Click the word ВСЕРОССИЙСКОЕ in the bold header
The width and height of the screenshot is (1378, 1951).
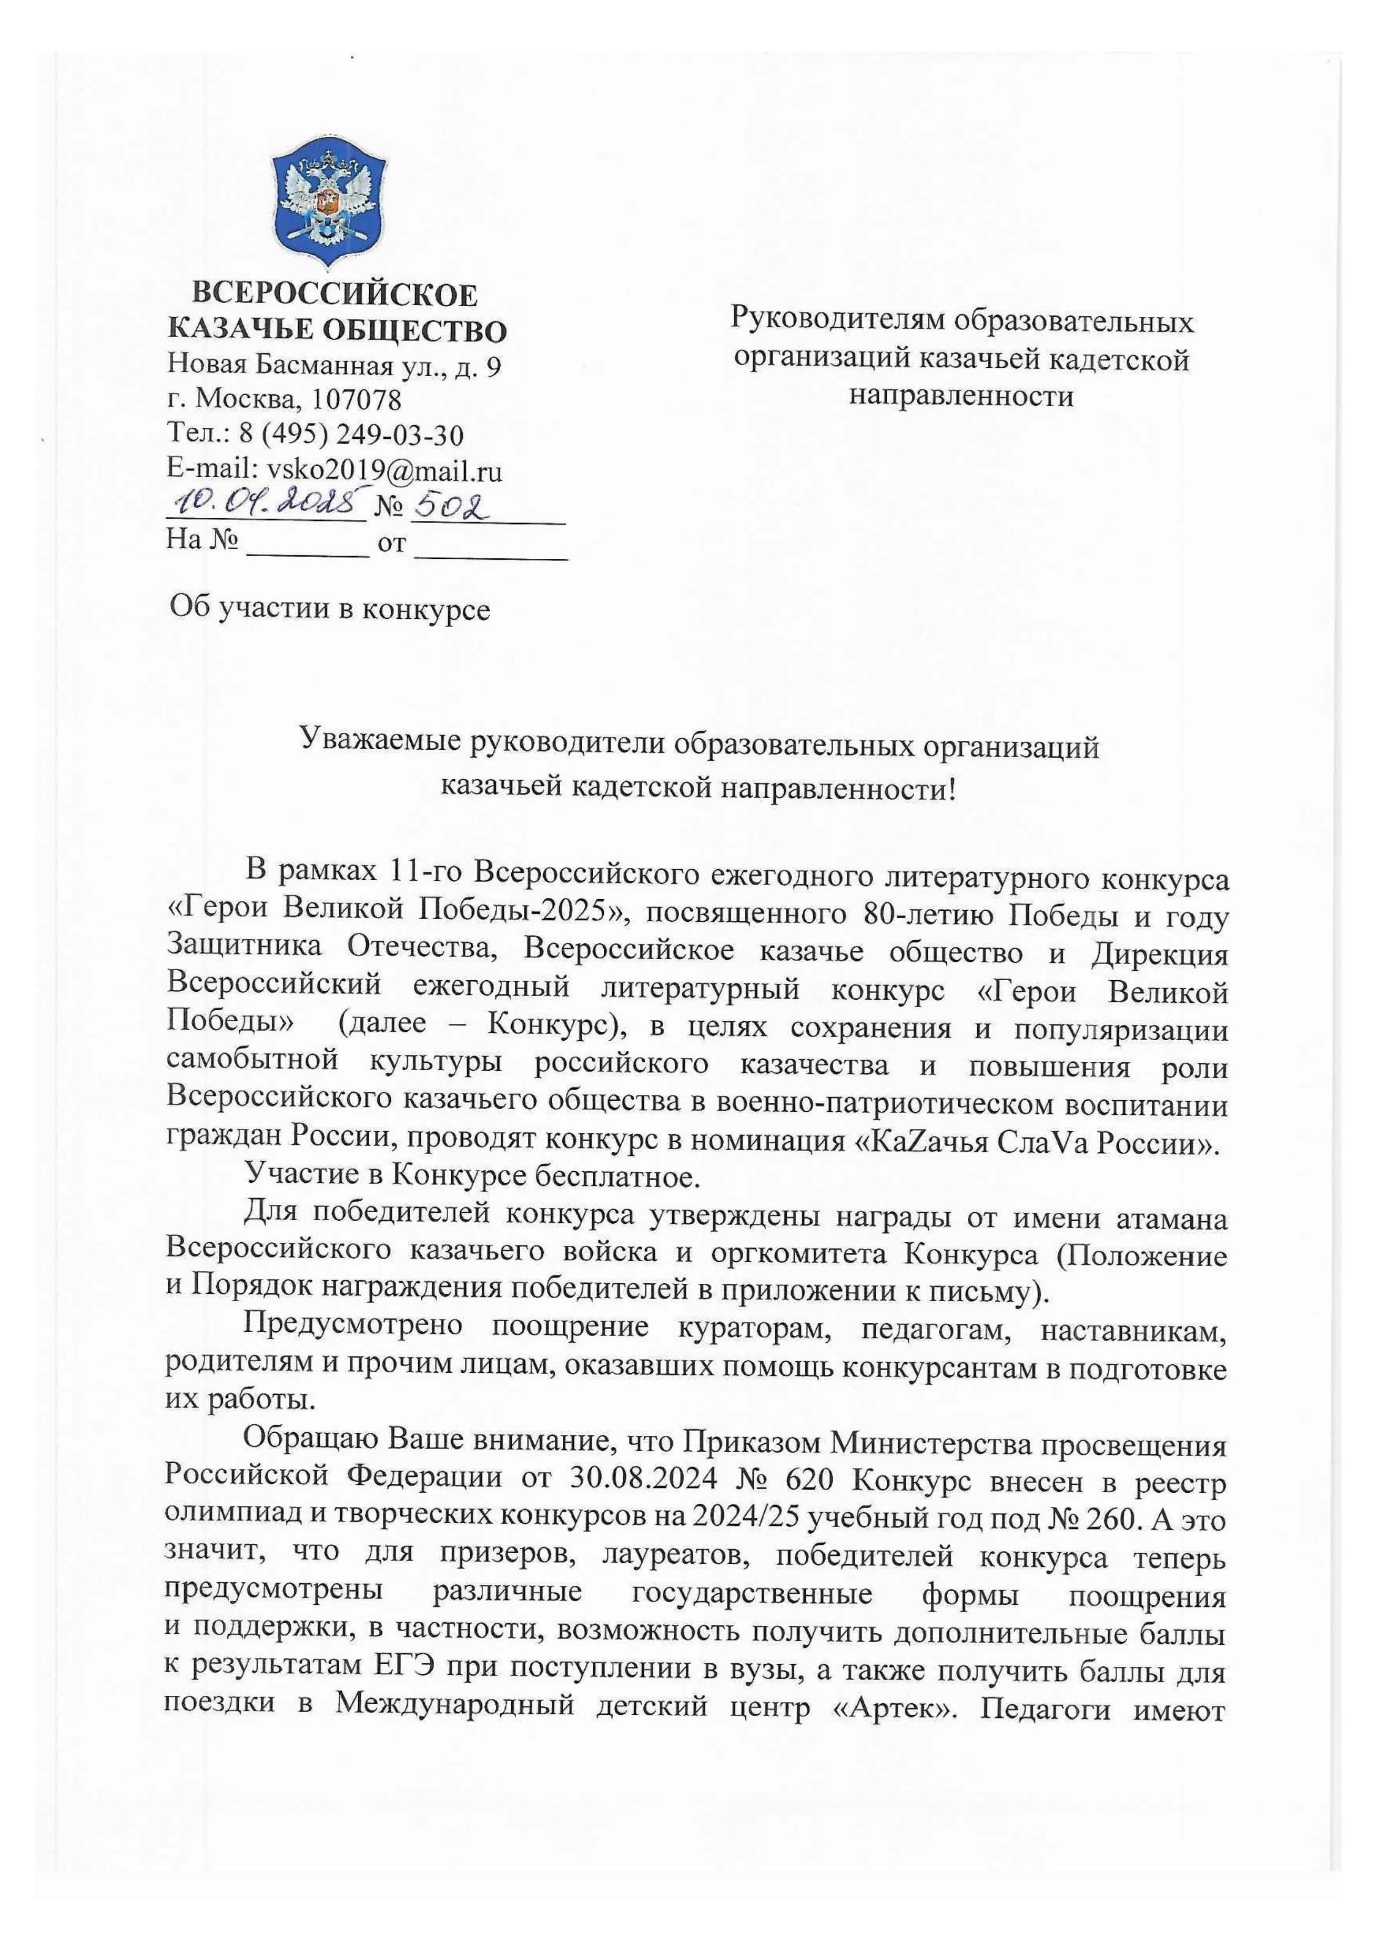point(335,295)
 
